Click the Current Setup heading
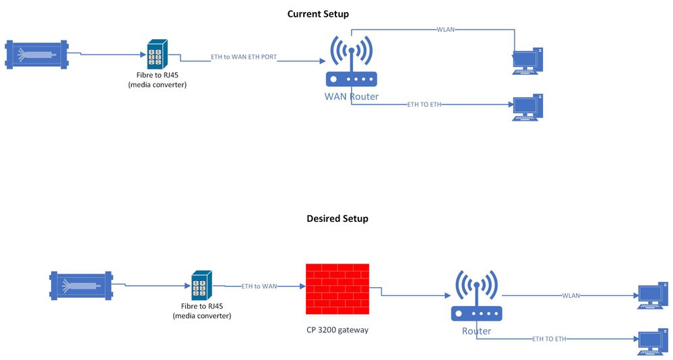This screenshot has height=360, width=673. (x=318, y=13)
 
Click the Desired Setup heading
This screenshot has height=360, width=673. (x=337, y=218)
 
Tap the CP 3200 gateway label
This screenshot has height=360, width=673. (x=337, y=330)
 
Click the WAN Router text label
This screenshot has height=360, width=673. (x=351, y=96)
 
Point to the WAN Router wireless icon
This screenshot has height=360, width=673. (x=351, y=61)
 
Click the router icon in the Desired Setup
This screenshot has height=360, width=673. (x=476, y=297)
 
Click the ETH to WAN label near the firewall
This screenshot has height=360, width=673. (x=259, y=287)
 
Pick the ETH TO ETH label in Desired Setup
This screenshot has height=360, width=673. (x=549, y=338)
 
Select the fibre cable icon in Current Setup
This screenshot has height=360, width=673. (x=36, y=53)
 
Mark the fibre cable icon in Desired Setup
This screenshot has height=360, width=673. (x=82, y=284)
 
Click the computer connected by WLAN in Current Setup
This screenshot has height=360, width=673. (x=527, y=61)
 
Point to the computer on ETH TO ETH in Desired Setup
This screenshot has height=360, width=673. (x=653, y=342)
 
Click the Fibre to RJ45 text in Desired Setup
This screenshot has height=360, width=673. (x=201, y=307)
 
